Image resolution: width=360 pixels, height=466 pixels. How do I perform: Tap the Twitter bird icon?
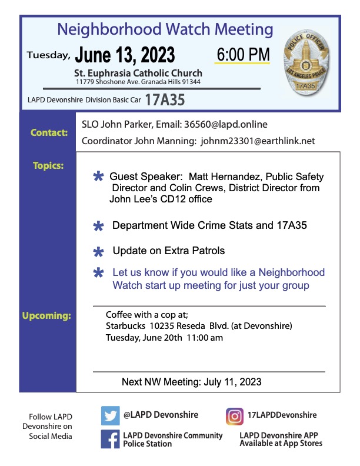coord(110,415)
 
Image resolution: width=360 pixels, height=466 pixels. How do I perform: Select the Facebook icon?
coord(110,440)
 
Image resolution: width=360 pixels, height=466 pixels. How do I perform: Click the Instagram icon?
coord(235,415)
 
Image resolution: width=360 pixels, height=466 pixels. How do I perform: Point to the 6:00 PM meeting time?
coord(243,54)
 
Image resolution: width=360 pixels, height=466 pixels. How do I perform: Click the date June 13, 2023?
coord(125,55)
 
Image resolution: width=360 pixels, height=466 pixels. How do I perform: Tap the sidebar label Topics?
coord(48,165)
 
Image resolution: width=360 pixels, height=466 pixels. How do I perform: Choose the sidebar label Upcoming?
coord(46,316)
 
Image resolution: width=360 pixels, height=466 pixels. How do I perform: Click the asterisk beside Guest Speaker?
coord(98,177)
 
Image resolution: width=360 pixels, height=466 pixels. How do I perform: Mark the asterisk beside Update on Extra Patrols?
coord(98,252)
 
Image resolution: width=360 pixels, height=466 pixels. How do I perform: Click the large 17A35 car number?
coord(165,100)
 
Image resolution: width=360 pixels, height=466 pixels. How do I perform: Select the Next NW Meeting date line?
coord(191,382)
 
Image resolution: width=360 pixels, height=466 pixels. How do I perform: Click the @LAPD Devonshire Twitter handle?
coord(161,415)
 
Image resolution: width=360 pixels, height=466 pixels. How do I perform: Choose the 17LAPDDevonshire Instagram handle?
coord(282,415)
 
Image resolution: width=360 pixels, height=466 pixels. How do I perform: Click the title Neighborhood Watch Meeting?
coord(165,29)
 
